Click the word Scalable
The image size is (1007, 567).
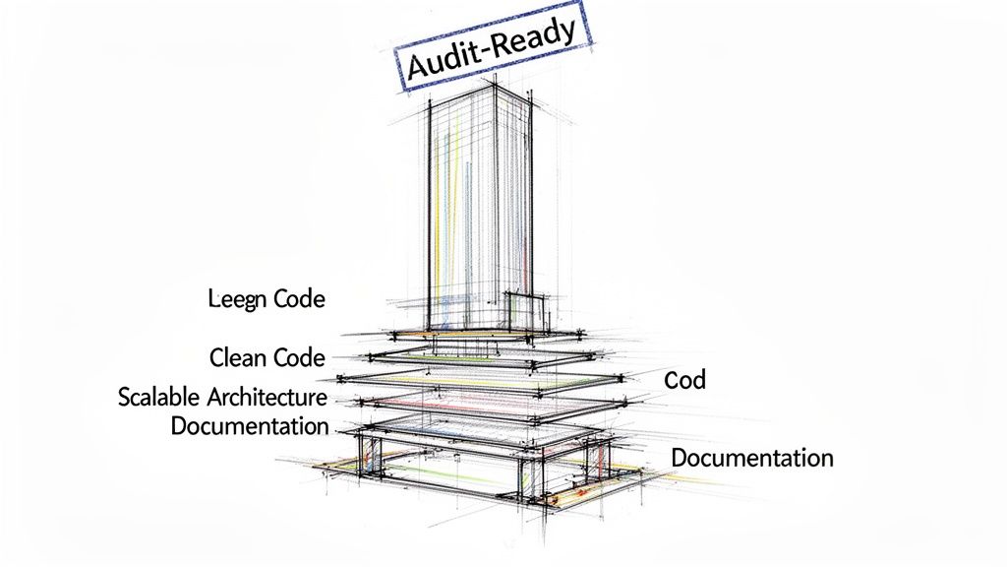coord(160,398)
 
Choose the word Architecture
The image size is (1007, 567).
coord(267,398)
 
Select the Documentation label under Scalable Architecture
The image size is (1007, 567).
coord(250,426)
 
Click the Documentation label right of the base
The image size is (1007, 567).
coord(752,458)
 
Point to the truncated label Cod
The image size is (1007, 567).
coord(684,379)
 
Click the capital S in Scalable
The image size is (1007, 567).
coord(125,398)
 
